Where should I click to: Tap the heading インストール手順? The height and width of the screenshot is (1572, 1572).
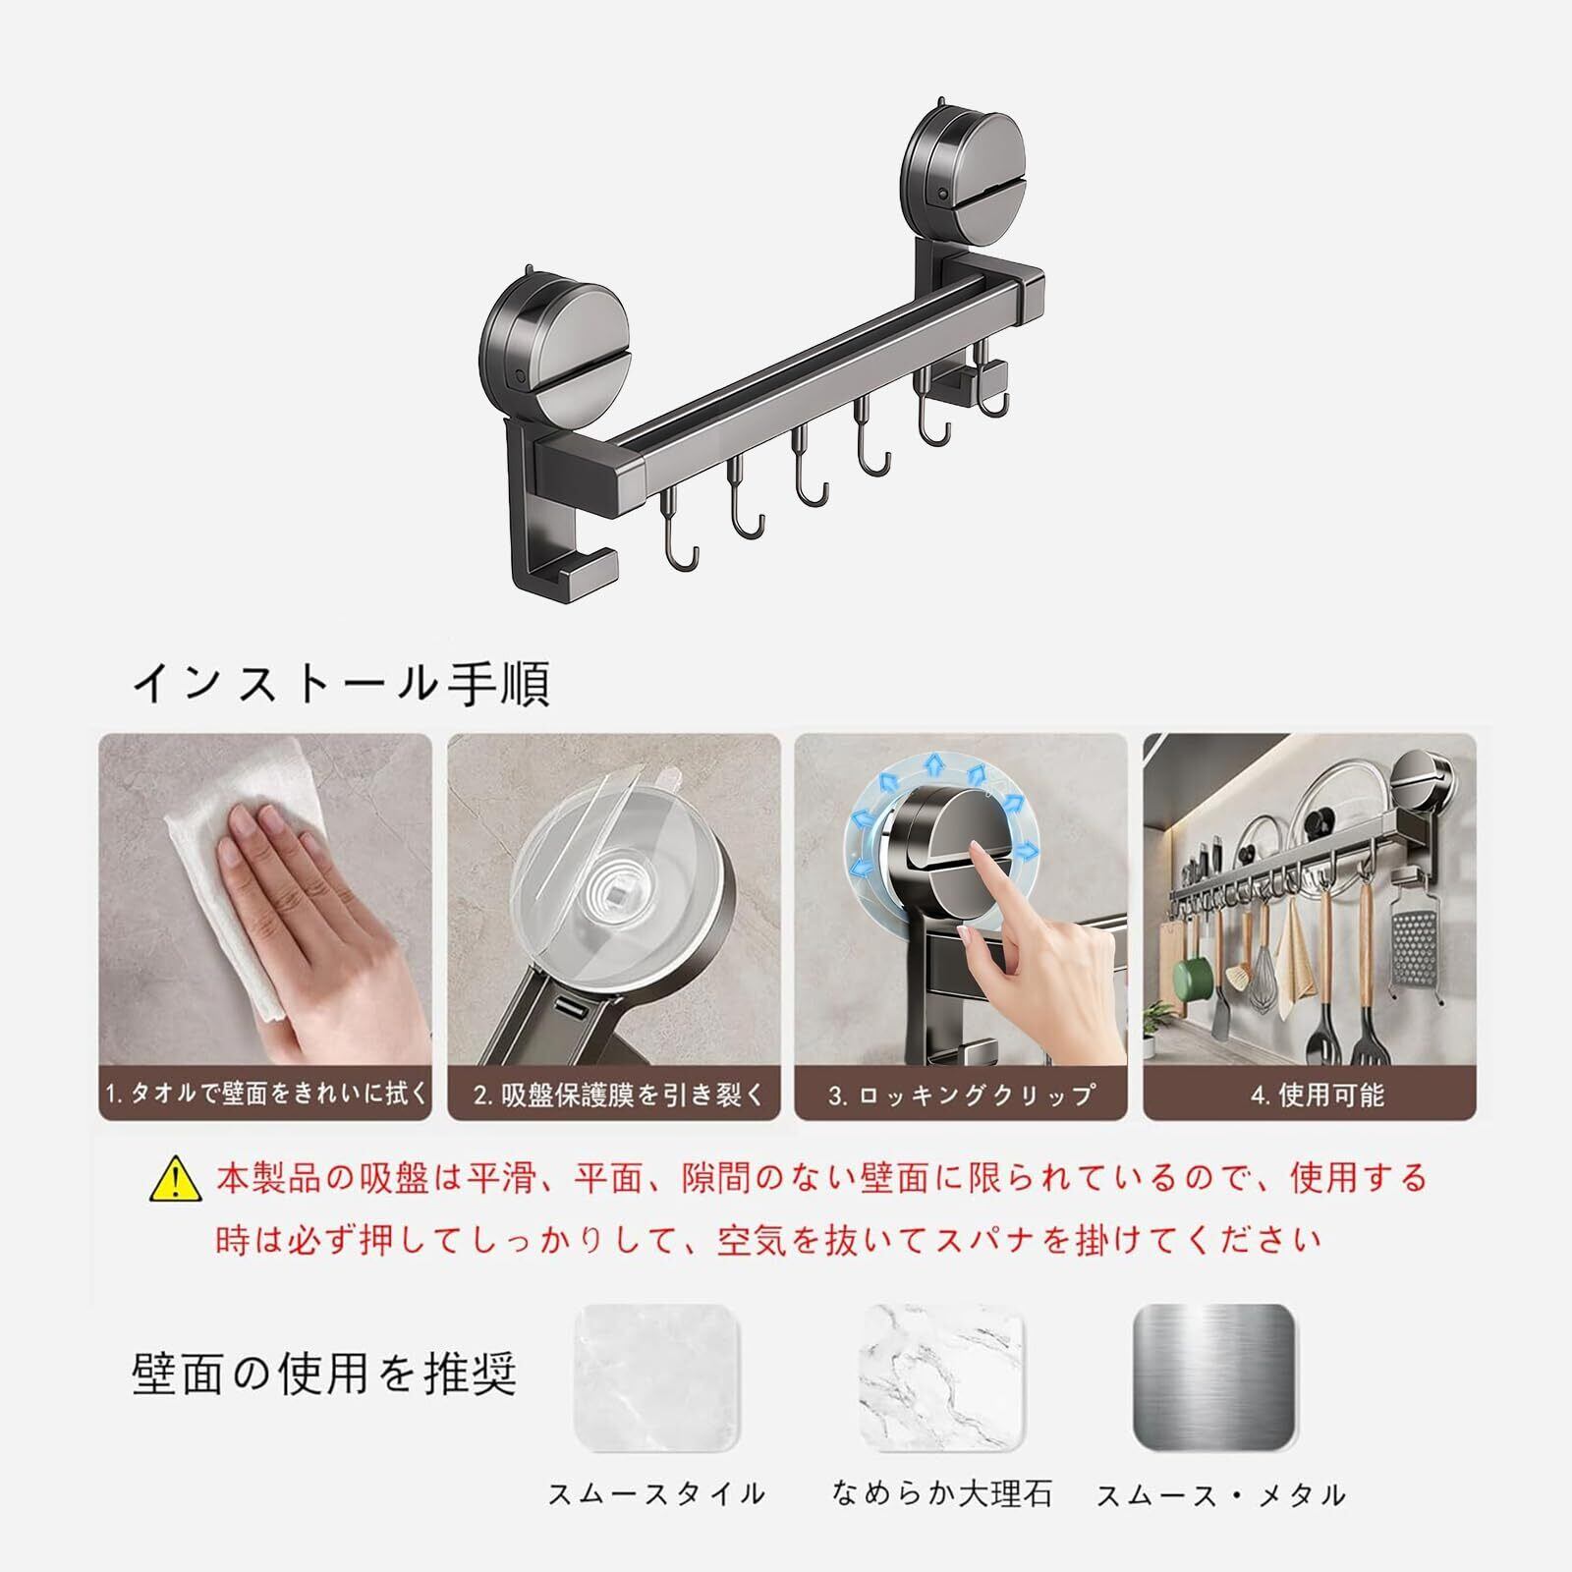(x=341, y=683)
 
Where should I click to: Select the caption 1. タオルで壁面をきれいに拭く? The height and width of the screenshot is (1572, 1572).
(x=266, y=1093)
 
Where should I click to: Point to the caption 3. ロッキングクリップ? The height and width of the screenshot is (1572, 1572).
(x=961, y=1095)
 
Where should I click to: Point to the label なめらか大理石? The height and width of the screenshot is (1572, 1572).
(x=941, y=1522)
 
